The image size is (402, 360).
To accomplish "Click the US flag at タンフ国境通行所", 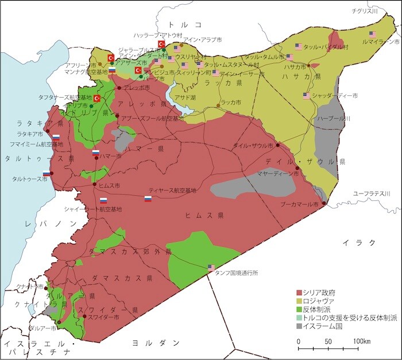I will [x=211, y=268].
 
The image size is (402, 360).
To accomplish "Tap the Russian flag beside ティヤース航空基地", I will [x=148, y=199].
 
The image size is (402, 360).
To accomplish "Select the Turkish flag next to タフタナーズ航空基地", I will [x=97, y=98].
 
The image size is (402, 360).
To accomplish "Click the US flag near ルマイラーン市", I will [x=373, y=34].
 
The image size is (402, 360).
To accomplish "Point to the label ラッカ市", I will [x=230, y=102].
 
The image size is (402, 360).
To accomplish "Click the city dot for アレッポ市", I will [x=119, y=88].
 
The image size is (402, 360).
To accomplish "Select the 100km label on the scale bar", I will [x=361, y=342].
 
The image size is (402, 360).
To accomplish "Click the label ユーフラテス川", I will [x=372, y=194].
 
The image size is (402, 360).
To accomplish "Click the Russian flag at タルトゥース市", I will [x=46, y=174].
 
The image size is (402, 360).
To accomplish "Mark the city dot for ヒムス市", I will [x=95, y=184].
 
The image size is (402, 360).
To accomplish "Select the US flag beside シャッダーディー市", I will [x=307, y=95].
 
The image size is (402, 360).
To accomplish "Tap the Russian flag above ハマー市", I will [x=95, y=152].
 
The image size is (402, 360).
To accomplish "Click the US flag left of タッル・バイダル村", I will [x=298, y=46].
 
